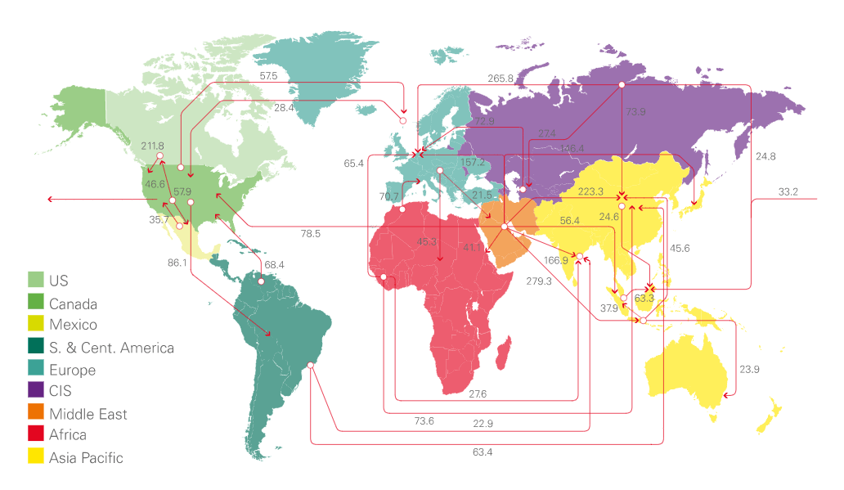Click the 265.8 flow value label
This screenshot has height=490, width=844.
[501, 79]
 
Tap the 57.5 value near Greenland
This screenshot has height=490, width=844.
[269, 75]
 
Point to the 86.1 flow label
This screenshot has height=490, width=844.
[178, 263]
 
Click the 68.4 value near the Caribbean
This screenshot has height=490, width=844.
[274, 264]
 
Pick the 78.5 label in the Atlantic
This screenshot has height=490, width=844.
[310, 233]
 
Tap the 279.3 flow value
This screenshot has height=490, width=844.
[538, 281]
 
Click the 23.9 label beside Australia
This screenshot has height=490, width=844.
[749, 369]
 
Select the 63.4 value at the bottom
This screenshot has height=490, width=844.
[483, 451]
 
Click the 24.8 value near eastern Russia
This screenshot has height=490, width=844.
[766, 155]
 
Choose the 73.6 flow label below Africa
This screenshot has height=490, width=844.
[424, 420]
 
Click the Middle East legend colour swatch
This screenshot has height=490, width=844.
[35, 413]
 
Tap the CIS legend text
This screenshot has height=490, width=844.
[60, 391]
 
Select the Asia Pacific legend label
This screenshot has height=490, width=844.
[86, 457]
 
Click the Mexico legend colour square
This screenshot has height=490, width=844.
[35, 325]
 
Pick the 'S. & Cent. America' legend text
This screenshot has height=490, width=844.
[111, 348]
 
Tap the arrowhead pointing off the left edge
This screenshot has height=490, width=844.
[51, 199]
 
